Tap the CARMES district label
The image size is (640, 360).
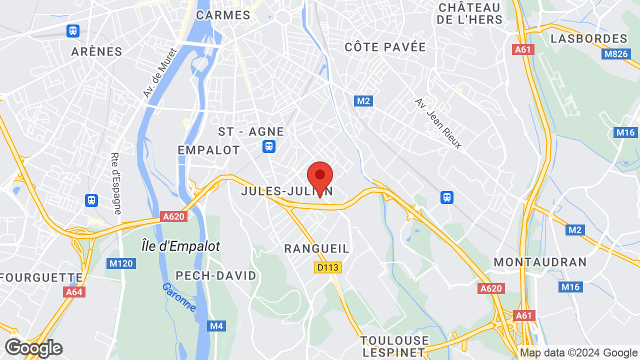[223, 15]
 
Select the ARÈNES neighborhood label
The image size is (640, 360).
[96, 51]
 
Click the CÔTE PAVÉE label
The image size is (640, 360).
[385, 47]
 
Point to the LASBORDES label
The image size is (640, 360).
[588, 38]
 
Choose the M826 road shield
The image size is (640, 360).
[615, 53]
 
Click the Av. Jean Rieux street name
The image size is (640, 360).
[438, 123]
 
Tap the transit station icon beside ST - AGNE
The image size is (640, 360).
[269, 146]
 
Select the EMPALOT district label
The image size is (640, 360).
[209, 150]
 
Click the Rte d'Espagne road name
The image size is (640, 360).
[116, 183]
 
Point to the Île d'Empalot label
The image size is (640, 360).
[180, 246]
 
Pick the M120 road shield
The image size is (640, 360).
[121, 263]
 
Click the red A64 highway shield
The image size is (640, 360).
[74, 292]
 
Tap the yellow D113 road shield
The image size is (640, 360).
[328, 267]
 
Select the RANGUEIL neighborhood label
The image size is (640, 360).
[316, 249]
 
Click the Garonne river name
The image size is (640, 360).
[179, 297]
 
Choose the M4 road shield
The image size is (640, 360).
[216, 326]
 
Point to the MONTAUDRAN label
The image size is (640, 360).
[540, 262]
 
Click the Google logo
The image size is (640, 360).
[33, 348]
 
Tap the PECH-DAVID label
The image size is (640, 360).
[216, 275]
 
